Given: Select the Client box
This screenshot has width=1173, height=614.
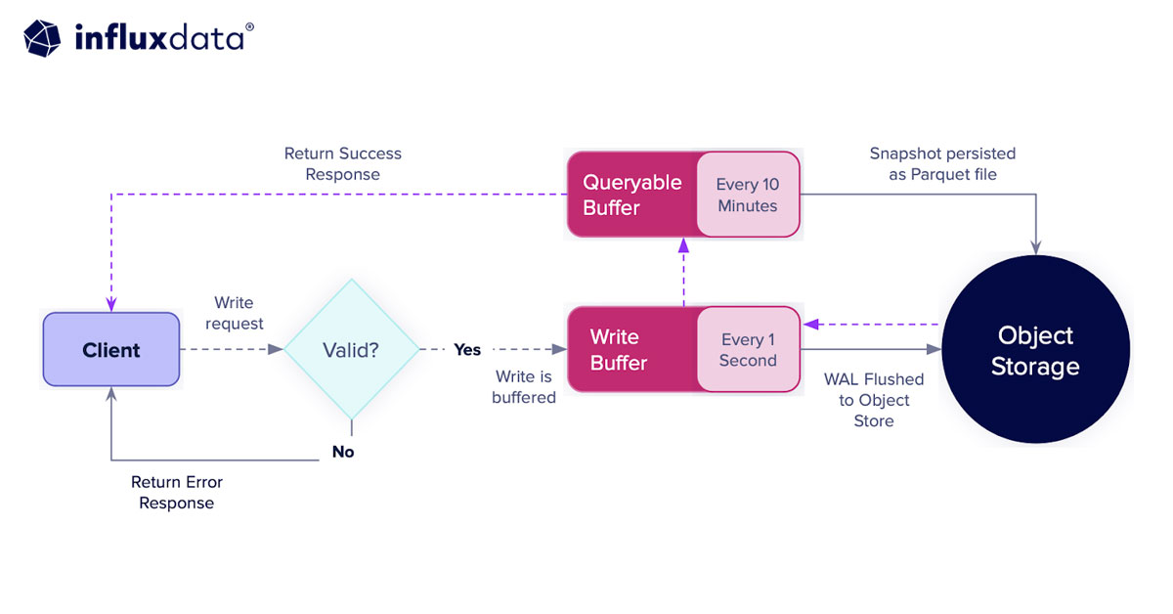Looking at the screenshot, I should [111, 350].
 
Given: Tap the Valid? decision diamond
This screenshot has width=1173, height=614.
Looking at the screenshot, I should [352, 350].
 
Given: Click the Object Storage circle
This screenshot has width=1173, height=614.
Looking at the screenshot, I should [1035, 350].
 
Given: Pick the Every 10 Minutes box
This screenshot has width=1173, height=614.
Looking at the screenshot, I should [748, 195].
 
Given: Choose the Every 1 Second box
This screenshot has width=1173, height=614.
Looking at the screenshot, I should [748, 350].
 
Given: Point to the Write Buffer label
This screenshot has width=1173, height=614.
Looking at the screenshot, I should [619, 350].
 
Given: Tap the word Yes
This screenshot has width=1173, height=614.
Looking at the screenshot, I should [467, 350].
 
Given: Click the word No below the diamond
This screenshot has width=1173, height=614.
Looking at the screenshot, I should [343, 452].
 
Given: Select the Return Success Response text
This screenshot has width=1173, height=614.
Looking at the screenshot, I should [343, 164].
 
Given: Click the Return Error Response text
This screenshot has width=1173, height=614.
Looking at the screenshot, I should [177, 493].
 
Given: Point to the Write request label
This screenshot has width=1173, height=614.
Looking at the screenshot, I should [235, 313].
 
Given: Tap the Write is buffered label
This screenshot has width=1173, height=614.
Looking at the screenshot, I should [524, 387].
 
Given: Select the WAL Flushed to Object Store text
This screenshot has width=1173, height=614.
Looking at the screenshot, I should [874, 400].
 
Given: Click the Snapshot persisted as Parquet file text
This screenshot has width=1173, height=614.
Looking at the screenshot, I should [942, 164].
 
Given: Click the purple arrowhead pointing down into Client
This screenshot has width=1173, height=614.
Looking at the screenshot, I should [111, 304].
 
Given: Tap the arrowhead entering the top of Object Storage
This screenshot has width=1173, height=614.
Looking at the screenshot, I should [1035, 247].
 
